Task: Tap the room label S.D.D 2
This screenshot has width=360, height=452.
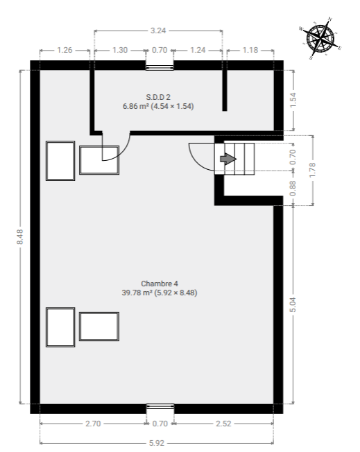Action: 158,97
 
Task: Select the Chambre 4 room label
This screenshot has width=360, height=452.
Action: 160,284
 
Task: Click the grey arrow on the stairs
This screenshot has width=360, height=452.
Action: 228,159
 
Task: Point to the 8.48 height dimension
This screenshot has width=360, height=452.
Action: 19,237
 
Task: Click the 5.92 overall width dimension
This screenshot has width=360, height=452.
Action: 157,443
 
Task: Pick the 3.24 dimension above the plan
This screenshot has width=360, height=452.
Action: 158,31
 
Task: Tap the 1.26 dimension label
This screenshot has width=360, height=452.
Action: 65,50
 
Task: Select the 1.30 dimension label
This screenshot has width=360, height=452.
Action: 120,50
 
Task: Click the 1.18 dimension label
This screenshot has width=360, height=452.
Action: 250,50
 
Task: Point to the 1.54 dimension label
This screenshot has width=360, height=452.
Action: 293,101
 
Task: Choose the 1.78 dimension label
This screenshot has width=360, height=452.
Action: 312,170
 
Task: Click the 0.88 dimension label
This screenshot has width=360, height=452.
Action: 293,188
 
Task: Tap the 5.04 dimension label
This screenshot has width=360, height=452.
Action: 293,305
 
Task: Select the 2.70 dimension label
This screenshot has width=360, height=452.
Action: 93,424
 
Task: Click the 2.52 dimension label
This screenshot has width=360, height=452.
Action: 223,424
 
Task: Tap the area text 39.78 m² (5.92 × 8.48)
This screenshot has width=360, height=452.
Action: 160,293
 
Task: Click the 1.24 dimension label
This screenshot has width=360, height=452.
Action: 198,50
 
